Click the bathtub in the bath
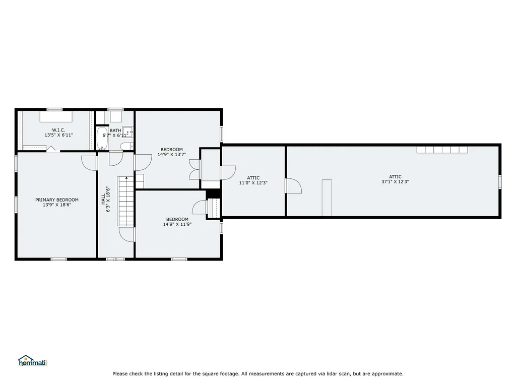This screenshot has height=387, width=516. (102, 139)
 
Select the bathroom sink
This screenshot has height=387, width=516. (127, 132)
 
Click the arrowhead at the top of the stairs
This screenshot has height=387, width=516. (126, 178)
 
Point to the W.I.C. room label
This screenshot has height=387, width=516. (58, 130)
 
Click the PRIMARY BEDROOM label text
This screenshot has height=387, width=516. (57, 200)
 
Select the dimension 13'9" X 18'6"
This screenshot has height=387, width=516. (57, 205)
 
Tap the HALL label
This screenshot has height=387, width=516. (103, 199)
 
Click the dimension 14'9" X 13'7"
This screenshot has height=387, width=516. (172, 154)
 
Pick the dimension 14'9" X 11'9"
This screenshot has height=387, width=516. (177, 224)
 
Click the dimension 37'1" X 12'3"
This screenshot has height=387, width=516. (395, 181)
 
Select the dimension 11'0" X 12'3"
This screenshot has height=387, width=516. (253, 183)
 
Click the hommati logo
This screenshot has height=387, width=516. (33, 361)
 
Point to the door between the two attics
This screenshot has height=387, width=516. (294, 186)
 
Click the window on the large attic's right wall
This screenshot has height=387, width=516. (499, 181)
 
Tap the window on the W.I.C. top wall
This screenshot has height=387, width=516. (54, 109)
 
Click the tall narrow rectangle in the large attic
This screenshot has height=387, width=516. (327, 198)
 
